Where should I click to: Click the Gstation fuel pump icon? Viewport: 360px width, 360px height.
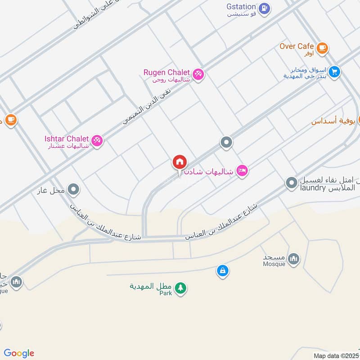tap(265, 7)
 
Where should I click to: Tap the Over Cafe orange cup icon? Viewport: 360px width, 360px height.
tap(322, 47)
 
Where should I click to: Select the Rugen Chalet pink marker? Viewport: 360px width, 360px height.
tap(198, 74)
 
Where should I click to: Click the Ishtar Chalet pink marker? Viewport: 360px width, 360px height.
tap(97, 140)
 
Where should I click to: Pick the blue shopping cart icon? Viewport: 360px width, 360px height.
tap(334, 72)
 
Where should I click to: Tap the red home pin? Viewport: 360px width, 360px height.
tap(180, 162)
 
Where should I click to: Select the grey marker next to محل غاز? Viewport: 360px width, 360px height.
tap(74, 190)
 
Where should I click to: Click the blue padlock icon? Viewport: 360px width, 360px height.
tap(222, 271)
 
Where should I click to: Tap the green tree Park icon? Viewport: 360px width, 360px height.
tap(180, 288)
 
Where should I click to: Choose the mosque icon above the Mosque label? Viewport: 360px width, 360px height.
tap(293, 258)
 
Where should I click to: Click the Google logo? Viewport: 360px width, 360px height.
tap(18, 353)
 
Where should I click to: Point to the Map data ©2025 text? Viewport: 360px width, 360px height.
tap(335, 355)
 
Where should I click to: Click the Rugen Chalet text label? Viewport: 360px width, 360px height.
tap(166, 72)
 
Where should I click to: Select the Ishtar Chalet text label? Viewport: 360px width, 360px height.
tap(66, 139)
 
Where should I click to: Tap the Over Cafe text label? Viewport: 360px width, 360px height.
tap(297, 46)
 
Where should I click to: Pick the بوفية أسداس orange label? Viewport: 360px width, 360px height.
tap(334, 121)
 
